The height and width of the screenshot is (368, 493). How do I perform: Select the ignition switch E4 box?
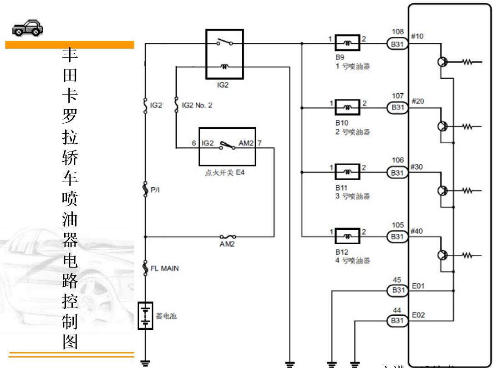coord(227,146)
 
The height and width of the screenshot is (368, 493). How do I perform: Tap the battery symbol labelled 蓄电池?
coord(145,316)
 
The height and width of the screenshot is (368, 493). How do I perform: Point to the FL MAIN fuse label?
coord(165,268)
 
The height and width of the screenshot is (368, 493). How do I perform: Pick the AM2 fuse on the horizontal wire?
coord(228,237)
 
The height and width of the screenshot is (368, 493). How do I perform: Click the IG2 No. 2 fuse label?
coord(197,105)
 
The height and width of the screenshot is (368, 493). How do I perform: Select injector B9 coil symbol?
coord(347,44)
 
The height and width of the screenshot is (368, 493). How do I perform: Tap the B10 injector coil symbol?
coord(347,108)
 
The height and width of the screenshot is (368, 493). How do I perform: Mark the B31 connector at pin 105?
coord(398,237)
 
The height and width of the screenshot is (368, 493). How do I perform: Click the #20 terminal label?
coord(417,101)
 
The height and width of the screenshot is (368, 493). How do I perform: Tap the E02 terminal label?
coord(418,315)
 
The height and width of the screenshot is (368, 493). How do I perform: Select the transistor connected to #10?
coord(442,62)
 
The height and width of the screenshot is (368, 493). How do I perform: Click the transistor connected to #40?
coord(442,255)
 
